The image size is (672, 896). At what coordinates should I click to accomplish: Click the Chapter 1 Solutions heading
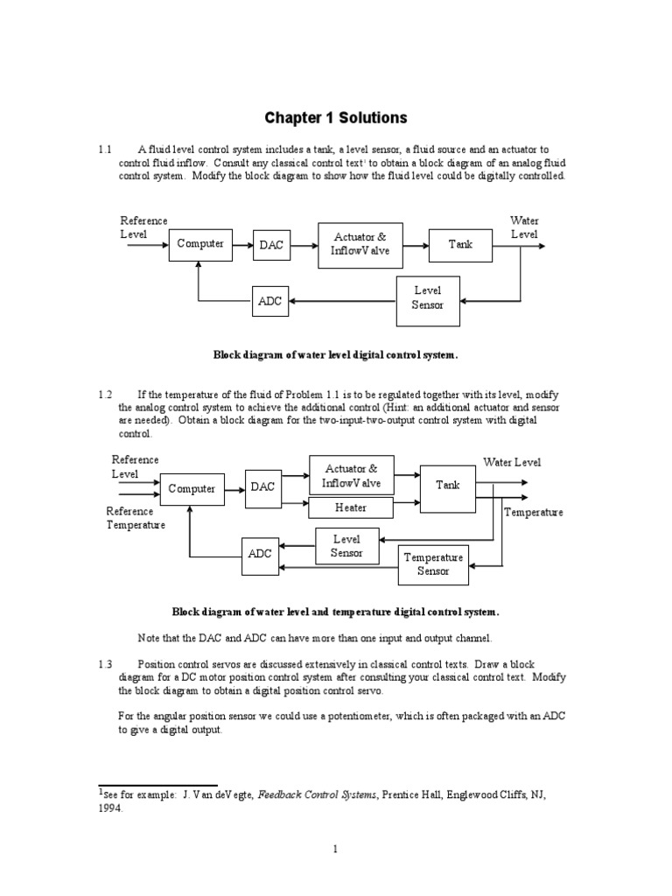point(337,117)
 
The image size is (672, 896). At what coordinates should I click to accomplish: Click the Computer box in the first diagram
point(200,244)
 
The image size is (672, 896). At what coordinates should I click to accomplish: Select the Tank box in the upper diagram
point(460,244)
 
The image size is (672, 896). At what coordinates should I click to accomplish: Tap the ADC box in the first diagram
point(269,301)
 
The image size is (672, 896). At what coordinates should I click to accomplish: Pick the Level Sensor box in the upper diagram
point(428,297)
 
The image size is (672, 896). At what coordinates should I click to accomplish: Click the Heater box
point(351,507)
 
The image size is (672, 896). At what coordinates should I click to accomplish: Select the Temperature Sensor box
point(433,563)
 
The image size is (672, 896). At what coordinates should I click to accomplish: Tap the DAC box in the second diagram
point(263,487)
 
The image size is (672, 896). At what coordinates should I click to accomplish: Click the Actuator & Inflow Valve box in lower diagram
point(351,476)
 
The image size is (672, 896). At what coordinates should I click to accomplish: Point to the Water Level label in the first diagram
point(524,227)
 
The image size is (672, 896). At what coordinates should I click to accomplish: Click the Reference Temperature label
point(136,518)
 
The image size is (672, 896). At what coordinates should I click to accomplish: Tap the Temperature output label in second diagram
point(533,512)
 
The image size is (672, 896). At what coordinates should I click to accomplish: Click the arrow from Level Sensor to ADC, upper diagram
point(341,301)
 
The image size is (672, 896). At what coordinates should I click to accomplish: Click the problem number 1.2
point(106,395)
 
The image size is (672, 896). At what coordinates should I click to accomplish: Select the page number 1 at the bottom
point(335,849)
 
